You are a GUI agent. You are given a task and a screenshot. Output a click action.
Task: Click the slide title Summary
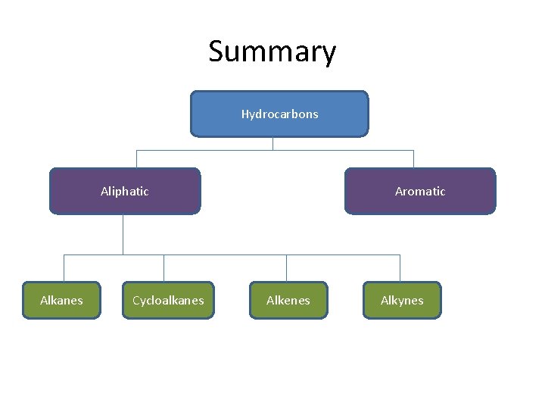[272, 52]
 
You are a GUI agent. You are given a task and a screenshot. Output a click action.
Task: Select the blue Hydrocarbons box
[279, 114]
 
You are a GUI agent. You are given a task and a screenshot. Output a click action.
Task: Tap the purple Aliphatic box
[125, 192]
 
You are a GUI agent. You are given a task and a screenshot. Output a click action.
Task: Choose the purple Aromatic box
[420, 192]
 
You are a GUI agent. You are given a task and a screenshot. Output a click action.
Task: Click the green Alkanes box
[61, 301]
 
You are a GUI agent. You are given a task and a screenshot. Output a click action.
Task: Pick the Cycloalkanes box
[168, 301]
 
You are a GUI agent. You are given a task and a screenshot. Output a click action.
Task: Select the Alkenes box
[288, 301]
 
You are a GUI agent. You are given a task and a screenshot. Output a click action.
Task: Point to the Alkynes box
[402, 301]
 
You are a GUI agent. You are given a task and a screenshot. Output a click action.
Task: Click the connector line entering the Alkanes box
[64, 268]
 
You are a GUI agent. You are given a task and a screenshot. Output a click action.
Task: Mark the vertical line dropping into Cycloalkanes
[163, 268]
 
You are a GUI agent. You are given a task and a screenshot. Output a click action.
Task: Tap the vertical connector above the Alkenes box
[286, 268]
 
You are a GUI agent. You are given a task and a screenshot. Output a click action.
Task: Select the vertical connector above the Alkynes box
[400, 268]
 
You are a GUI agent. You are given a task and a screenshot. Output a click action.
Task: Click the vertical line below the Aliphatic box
[123, 234]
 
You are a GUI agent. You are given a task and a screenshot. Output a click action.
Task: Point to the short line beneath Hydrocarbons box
[272, 143]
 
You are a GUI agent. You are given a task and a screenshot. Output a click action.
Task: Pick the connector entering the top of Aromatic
[413, 159]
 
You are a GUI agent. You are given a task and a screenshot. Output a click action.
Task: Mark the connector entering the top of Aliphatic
[136, 159]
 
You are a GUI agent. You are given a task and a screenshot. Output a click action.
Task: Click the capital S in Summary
[217, 52]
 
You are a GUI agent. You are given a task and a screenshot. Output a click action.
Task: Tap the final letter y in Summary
[328, 55]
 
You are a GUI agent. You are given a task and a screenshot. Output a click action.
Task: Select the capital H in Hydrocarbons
[245, 114]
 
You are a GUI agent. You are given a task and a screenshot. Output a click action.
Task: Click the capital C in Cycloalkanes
[136, 301]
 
